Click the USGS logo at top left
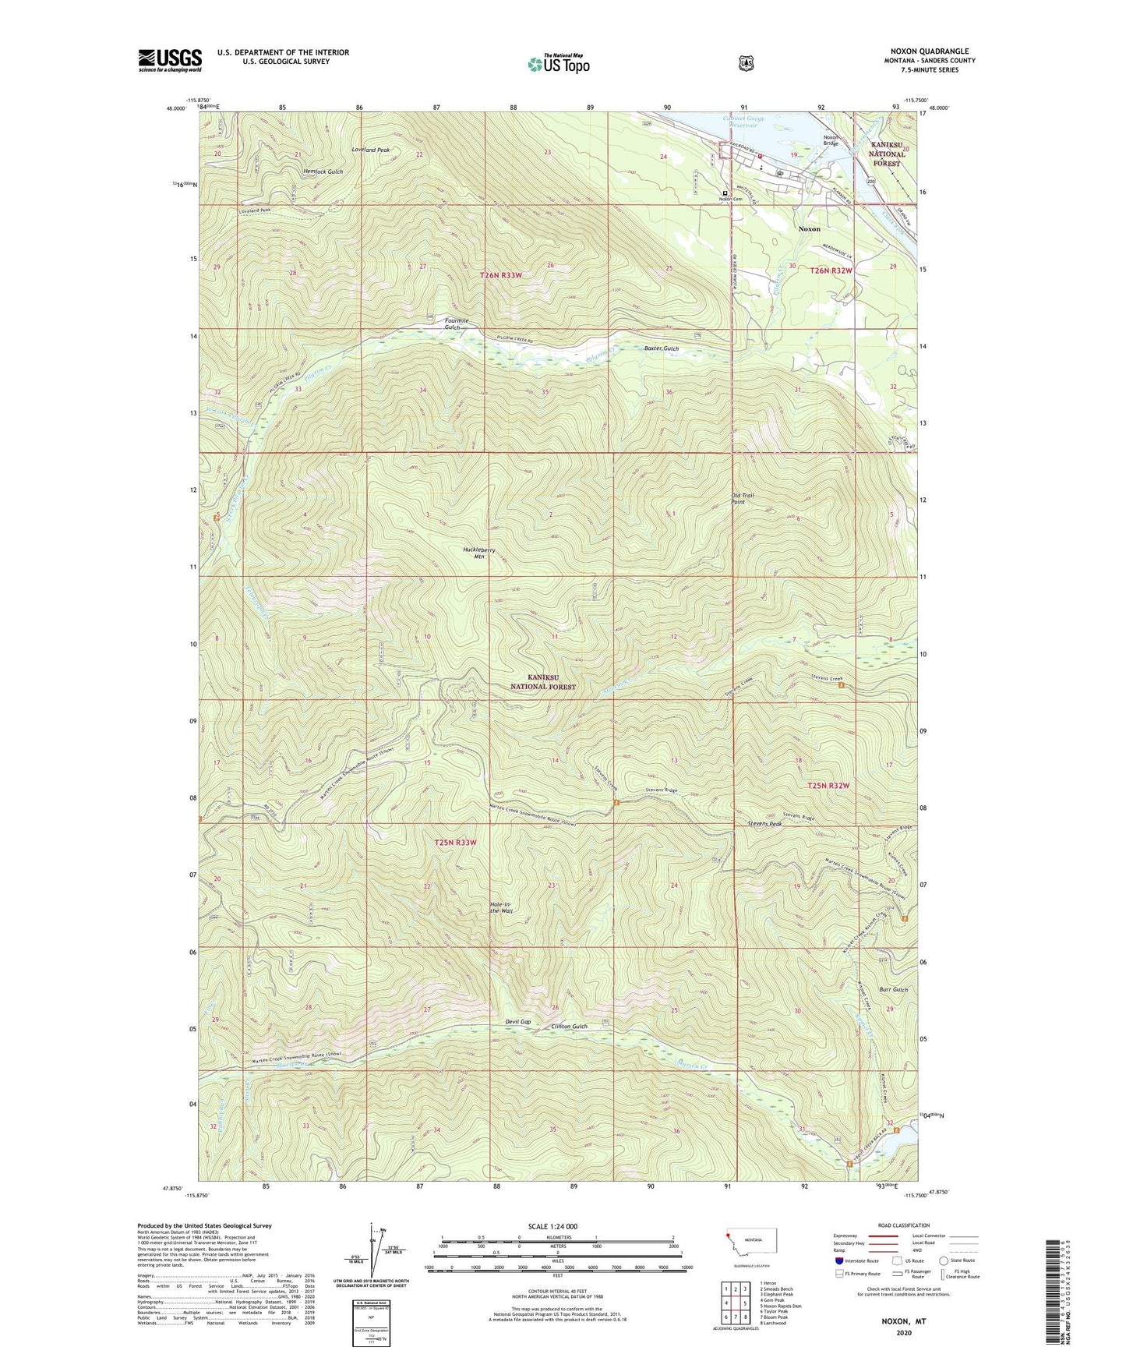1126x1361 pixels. [170, 60]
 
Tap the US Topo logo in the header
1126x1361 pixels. [557, 64]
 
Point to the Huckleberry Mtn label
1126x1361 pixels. [478, 553]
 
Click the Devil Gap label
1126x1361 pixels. [517, 1022]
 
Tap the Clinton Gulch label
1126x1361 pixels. [569, 1027]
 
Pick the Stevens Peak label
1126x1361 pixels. [764, 823]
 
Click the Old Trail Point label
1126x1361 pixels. [743, 499]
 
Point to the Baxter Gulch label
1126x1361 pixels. [662, 348]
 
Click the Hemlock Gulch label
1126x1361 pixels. [323, 171]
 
